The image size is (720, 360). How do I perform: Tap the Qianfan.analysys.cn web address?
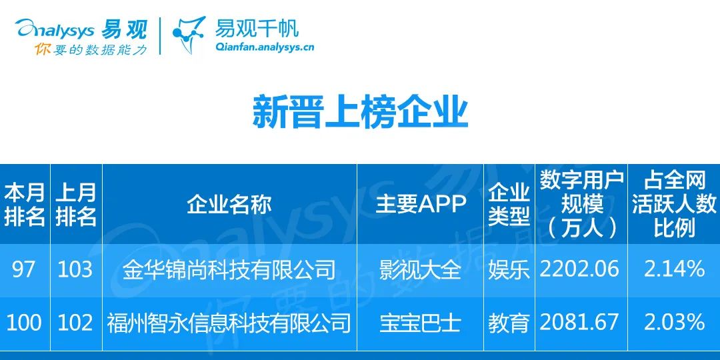pyautogui.click(x=265, y=47)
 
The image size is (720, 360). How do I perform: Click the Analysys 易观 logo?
pyautogui.click(x=81, y=29)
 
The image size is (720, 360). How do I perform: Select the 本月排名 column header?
pyautogui.click(x=25, y=205)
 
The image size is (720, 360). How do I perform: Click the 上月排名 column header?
pyautogui.click(x=76, y=205)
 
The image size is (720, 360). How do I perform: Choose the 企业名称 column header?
pyautogui.click(x=229, y=205)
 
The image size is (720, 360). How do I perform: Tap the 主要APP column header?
pyautogui.click(x=421, y=205)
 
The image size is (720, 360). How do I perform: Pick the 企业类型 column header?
pyautogui.click(x=509, y=205)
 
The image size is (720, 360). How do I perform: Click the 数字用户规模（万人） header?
pyautogui.click(x=581, y=205)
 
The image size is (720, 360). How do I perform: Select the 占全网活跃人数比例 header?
pyautogui.click(x=673, y=205)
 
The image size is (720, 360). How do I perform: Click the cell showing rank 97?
pyautogui.click(x=23, y=269)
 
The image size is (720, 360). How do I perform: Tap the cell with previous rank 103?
pyautogui.click(x=76, y=269)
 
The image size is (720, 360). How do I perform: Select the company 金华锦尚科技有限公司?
pyautogui.click(x=229, y=270)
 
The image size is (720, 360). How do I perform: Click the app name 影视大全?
pyautogui.click(x=420, y=270)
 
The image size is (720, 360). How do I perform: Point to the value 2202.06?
pyautogui.click(x=579, y=269)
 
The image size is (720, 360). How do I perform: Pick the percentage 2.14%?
pyautogui.click(x=674, y=269)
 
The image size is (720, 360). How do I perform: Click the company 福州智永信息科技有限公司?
pyautogui.click(x=229, y=323)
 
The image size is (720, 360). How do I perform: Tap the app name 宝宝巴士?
pyautogui.click(x=420, y=323)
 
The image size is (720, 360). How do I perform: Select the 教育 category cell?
pyautogui.click(x=509, y=323)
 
